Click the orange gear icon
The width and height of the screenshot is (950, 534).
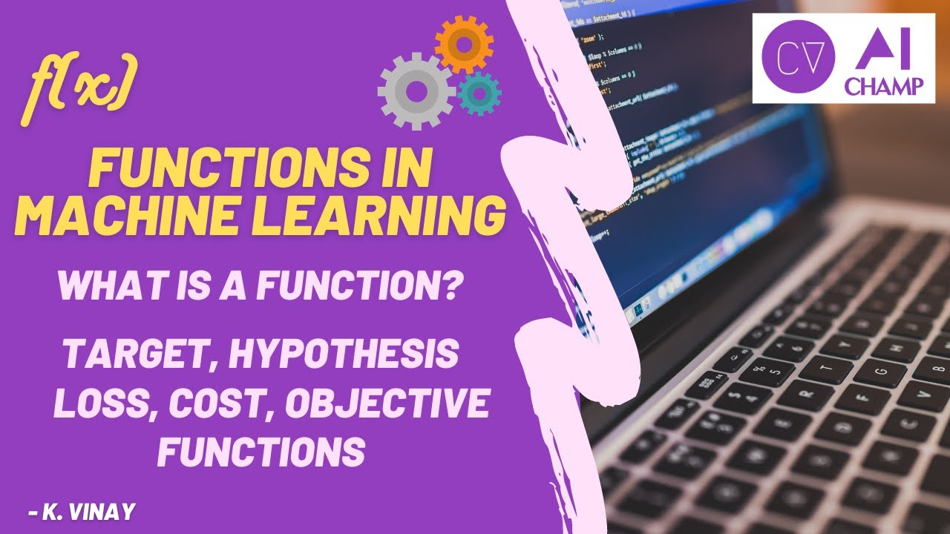(x=464, y=44)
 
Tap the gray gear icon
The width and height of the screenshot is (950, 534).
(x=416, y=91)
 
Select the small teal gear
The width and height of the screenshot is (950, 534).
(x=479, y=93)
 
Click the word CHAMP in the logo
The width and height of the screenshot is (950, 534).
(x=885, y=87)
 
